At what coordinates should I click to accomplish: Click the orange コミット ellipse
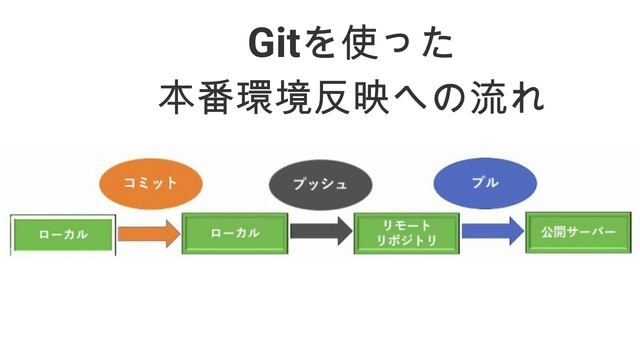click(x=151, y=183)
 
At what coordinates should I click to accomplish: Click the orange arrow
click(x=148, y=234)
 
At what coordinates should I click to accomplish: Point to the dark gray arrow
click(x=320, y=233)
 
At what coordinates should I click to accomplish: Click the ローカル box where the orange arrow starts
click(x=63, y=234)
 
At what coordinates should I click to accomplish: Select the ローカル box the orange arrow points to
click(x=235, y=233)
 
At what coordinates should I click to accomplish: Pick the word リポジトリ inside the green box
click(x=407, y=241)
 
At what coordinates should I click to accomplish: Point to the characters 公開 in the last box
click(x=553, y=232)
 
